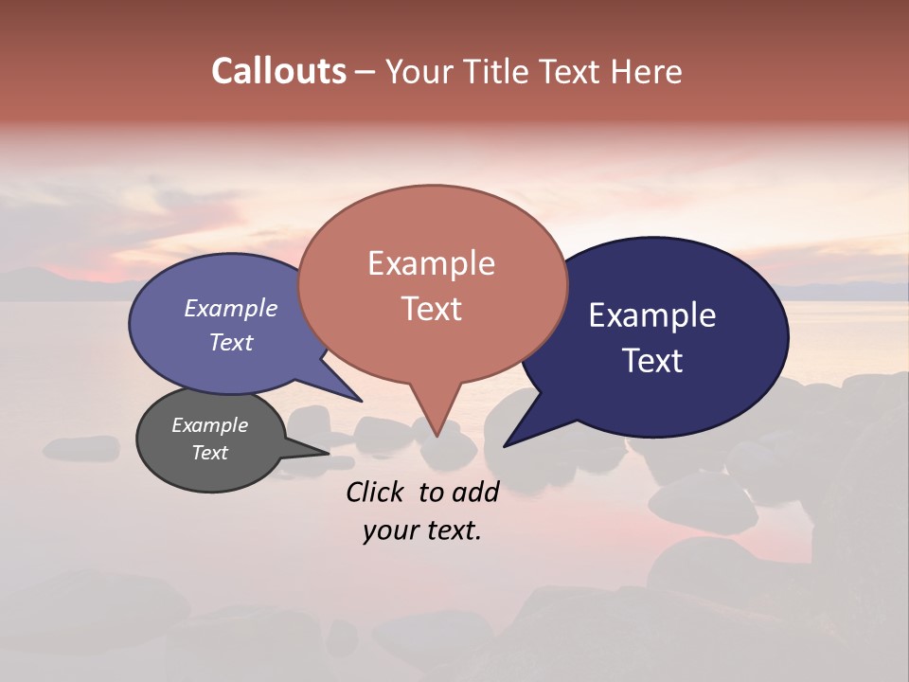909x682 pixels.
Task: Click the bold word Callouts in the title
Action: [x=278, y=71]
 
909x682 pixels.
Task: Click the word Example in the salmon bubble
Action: [x=431, y=263]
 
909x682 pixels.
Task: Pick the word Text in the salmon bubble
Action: [x=431, y=309]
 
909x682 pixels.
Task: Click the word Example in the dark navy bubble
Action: [x=652, y=315]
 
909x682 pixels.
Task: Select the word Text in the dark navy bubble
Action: [x=653, y=361]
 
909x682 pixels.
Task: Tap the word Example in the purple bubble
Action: [x=230, y=308]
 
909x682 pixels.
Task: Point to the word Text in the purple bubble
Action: [x=230, y=342]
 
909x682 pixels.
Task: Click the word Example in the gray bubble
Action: [x=209, y=425]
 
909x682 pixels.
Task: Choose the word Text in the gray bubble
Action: [x=209, y=453]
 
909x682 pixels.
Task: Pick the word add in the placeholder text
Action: [x=477, y=492]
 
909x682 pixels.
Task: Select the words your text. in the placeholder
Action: [x=422, y=531]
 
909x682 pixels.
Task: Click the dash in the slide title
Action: [x=365, y=72]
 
